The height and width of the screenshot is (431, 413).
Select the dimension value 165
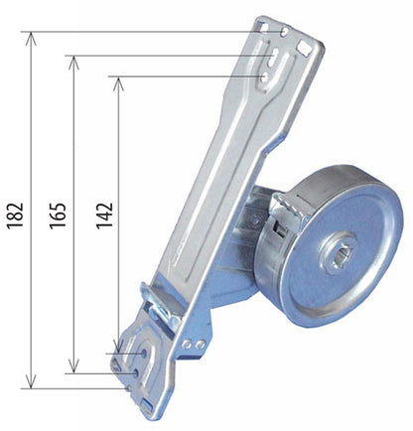58,215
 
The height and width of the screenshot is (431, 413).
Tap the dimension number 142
104,215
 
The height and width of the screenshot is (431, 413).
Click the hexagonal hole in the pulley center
342,257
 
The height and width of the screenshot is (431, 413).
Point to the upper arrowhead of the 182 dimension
31,39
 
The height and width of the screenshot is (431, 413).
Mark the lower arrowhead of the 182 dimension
31,381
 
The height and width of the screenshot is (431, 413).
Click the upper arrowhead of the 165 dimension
73,63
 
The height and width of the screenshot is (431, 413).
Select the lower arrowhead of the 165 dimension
73,366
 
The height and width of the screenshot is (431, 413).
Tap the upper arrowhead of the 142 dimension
118,83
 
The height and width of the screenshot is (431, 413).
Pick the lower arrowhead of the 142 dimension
118,347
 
